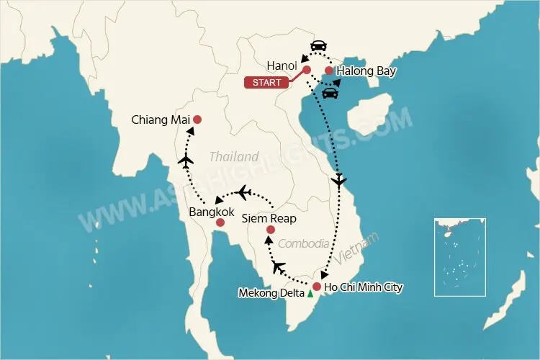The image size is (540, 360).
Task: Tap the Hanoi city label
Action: [282, 66]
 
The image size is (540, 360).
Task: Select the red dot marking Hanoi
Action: [306, 70]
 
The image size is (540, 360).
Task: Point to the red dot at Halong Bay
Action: [329, 71]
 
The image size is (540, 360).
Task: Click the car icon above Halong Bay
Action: [318, 46]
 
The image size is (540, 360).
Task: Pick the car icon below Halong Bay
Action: [330, 92]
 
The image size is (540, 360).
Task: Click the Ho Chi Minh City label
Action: [364, 287]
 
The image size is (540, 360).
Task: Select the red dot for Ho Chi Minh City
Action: [316, 287]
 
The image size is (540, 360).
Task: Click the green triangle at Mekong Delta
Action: [310, 294]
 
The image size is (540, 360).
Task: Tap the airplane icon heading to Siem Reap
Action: [279, 269]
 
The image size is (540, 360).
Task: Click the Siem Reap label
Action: [269, 217]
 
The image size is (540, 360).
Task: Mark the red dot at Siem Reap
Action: [270, 230]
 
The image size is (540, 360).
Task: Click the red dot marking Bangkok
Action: [219, 224]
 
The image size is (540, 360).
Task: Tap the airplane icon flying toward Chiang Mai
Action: [186, 161]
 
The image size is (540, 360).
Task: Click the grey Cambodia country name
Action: [303, 243]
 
